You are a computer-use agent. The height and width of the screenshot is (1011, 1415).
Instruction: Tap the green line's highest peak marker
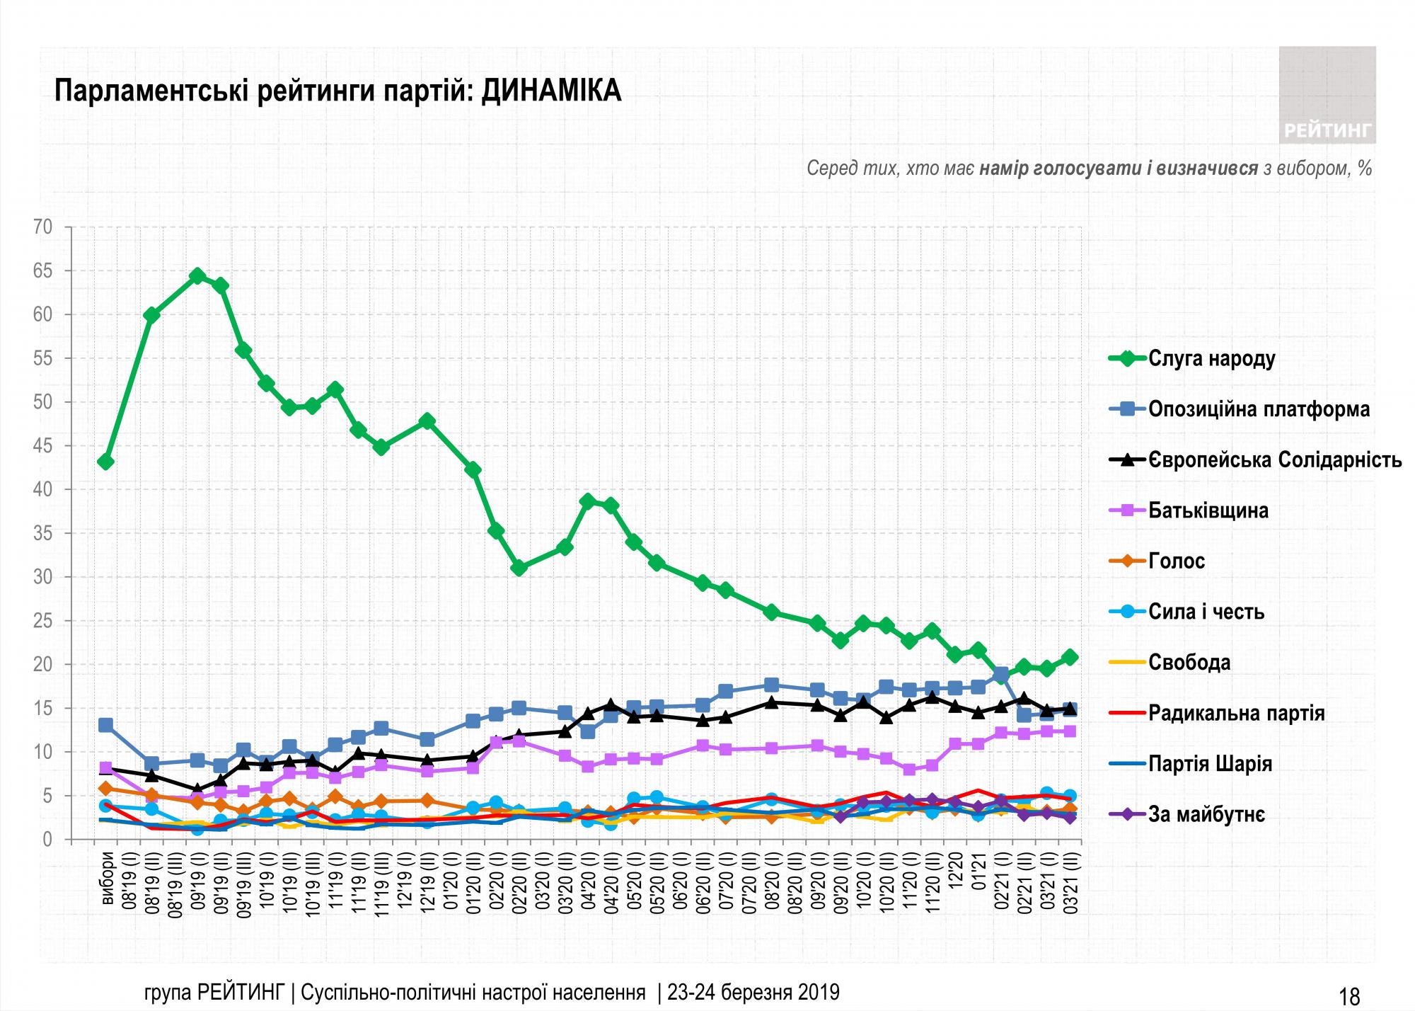(x=197, y=276)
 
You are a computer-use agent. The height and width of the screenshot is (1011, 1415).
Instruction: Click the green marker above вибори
(x=105, y=462)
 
